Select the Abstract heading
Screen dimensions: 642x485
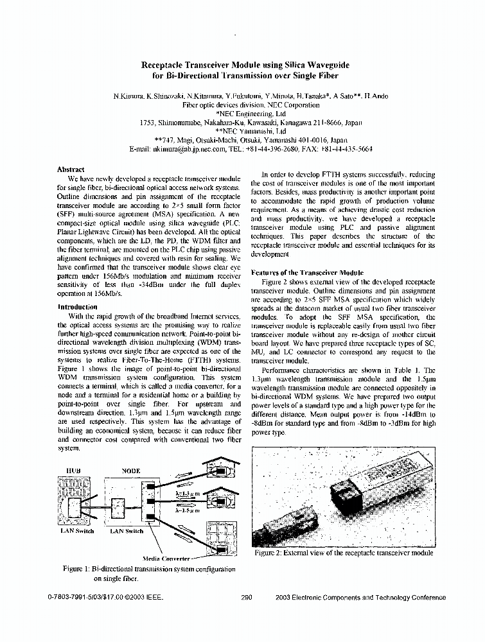pyautogui.click(x=71, y=169)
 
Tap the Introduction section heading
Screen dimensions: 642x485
pyautogui.click(x=78, y=307)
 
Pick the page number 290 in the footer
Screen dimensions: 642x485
pyautogui.click(x=245, y=597)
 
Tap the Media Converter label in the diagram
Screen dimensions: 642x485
pyautogui.click(x=166, y=559)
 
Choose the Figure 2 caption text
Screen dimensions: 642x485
pyautogui.click(x=344, y=553)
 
